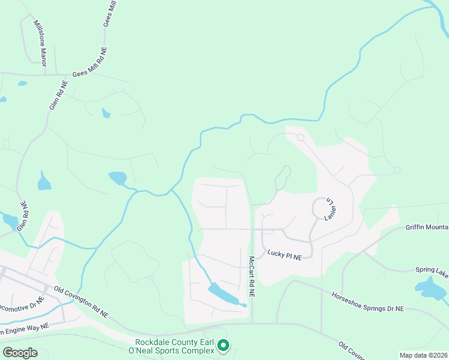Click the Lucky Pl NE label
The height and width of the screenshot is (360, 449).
point(285,256)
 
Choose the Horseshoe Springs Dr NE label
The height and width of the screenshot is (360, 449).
point(368,301)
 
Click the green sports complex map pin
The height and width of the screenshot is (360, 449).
point(223,345)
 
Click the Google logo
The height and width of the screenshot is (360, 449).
point(20,353)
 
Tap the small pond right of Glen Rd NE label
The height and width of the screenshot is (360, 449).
point(44,181)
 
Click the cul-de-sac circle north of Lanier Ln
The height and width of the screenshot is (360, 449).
point(300,137)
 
